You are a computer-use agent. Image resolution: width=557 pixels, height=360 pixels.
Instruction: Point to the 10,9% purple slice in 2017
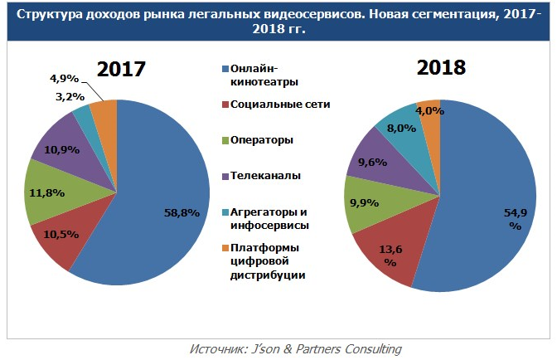point(65,150)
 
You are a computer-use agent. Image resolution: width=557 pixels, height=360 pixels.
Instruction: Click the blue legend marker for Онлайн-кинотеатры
point(224,69)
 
